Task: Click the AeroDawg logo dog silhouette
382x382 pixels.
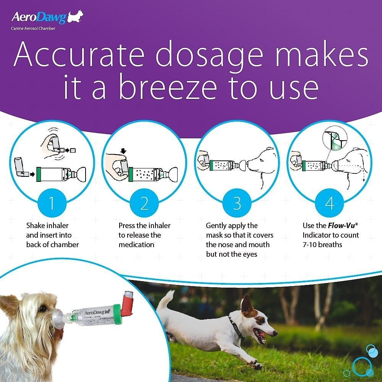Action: click(75, 17)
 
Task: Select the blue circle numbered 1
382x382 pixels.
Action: click(52, 204)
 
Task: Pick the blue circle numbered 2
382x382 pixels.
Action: click(144, 204)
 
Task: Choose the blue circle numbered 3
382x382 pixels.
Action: click(237, 204)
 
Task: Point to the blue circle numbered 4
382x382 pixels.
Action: click(329, 204)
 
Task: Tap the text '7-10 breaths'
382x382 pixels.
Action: click(324, 244)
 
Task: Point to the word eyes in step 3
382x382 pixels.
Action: click(248, 254)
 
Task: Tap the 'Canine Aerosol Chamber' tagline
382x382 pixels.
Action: click(33, 28)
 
